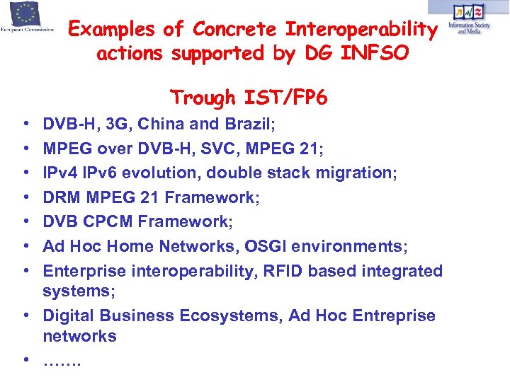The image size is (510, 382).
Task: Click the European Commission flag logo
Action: (x=27, y=14)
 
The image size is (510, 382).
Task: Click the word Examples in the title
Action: (x=111, y=30)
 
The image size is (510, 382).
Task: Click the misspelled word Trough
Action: (x=203, y=97)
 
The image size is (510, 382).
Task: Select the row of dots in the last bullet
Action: (x=62, y=362)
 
